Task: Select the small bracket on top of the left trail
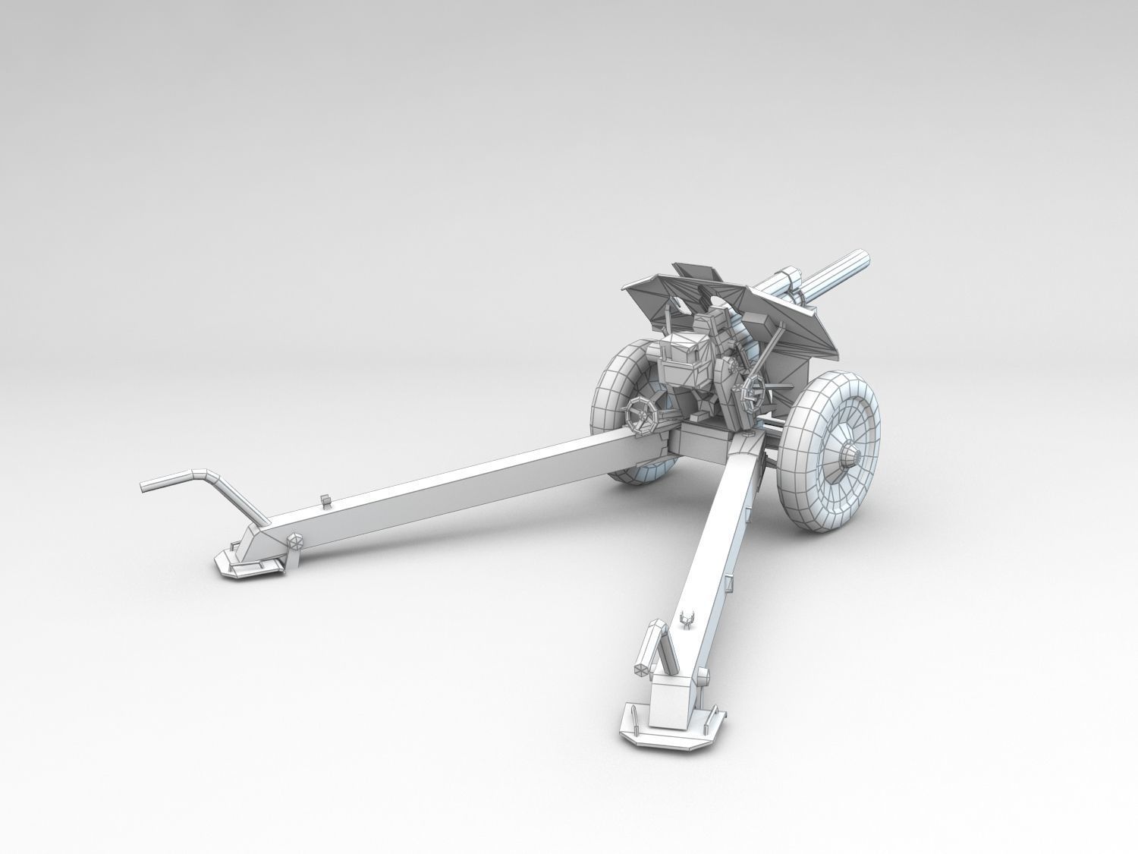coord(326,500)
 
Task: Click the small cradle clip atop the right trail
coord(689,620)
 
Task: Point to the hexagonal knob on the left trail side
coord(294,542)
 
